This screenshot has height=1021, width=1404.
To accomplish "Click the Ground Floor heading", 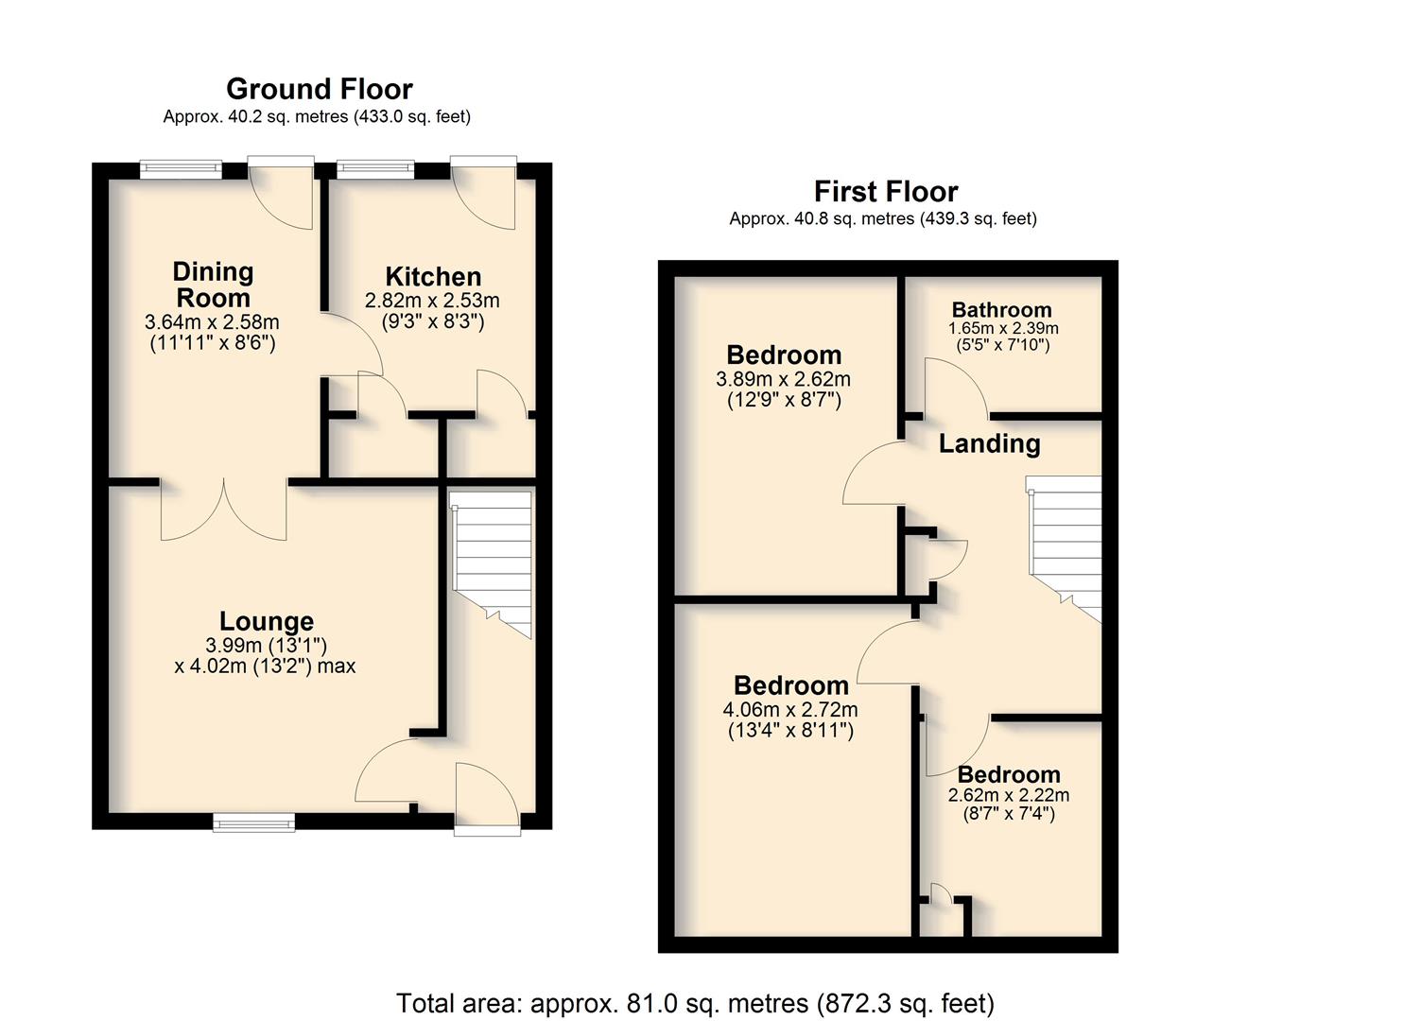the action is (x=319, y=89).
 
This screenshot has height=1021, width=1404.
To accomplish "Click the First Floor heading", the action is (x=886, y=192).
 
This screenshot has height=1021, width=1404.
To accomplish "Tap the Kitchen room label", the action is (x=433, y=276).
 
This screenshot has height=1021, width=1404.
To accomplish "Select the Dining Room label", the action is (x=213, y=285).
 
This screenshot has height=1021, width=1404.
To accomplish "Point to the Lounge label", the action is (x=267, y=621).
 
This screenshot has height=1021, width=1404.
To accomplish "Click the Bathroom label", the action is (x=1001, y=310).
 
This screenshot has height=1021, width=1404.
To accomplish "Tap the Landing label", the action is (x=989, y=443).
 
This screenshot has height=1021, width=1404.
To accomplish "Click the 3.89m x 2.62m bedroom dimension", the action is (x=784, y=378).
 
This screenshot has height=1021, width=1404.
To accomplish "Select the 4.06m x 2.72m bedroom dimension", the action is (x=790, y=709).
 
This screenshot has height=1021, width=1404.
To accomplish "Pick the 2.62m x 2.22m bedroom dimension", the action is (x=1009, y=795).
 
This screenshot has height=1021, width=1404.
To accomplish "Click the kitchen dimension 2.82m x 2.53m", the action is (x=432, y=301).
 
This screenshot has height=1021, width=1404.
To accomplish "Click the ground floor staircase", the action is (x=493, y=564).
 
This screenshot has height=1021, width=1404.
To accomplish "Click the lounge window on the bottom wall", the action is (x=253, y=822).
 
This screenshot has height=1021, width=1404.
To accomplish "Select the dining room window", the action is (x=182, y=169).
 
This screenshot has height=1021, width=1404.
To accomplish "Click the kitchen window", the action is (x=375, y=169).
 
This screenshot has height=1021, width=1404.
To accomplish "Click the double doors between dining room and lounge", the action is (x=224, y=510).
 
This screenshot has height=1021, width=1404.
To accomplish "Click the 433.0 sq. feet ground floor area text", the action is (x=412, y=116).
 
